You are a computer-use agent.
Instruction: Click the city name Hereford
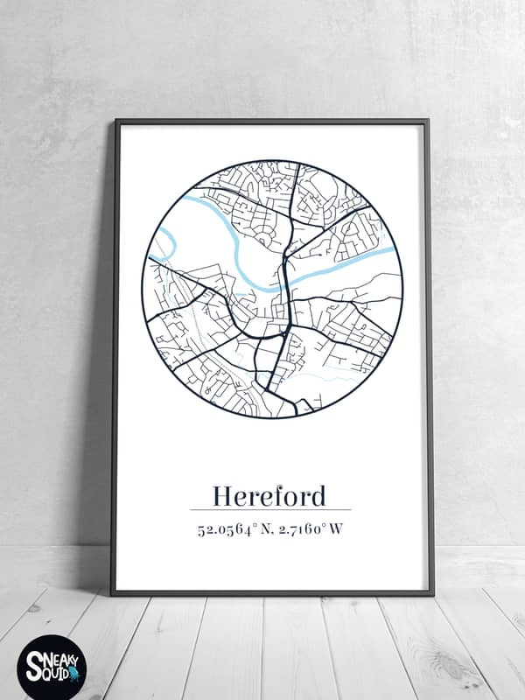[x=269, y=495]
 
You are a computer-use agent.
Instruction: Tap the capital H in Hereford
[x=223, y=496]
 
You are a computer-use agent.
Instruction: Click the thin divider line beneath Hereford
[x=269, y=509]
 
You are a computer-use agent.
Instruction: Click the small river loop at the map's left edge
[x=164, y=244]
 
